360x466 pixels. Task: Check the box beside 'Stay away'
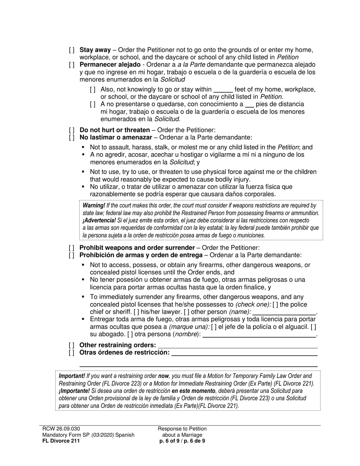[x=72, y=50]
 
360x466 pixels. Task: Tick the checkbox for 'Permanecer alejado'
[x=72, y=65]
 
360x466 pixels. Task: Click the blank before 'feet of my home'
[x=223, y=90]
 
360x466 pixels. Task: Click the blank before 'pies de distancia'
[x=249, y=105]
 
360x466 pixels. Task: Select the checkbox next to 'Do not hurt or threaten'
[x=72, y=130]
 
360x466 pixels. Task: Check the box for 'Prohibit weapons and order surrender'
[x=72, y=248]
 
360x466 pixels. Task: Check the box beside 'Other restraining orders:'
[x=72, y=345]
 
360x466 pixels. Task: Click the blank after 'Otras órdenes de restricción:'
[x=244, y=353]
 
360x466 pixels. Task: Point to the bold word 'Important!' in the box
[x=72, y=376]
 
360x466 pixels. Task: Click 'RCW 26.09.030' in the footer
[x=61, y=429]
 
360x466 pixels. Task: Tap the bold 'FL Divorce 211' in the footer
[x=61, y=441]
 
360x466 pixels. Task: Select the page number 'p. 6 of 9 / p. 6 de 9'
[x=182, y=441]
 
